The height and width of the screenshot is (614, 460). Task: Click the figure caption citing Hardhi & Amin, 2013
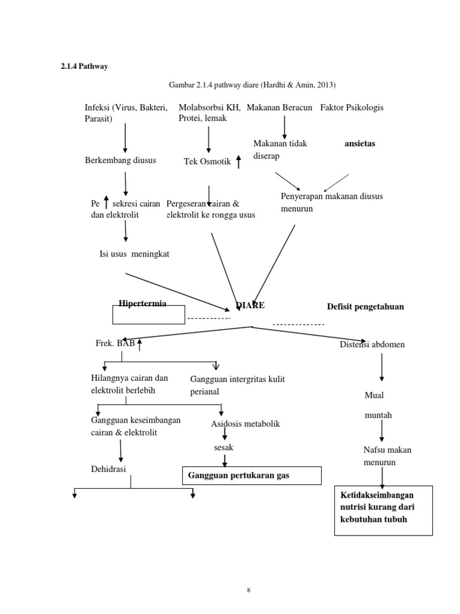coord(252,85)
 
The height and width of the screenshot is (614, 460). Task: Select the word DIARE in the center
coord(250,305)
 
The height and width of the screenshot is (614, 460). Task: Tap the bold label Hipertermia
coord(143,303)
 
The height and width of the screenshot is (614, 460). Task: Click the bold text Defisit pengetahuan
coord(365,306)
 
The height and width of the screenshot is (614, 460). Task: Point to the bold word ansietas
coord(364,145)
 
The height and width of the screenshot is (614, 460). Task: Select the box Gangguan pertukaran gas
coord(252,475)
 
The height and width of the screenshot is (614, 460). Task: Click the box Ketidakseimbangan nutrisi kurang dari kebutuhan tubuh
coord(382,507)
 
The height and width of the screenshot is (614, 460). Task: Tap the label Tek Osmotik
coord(207,161)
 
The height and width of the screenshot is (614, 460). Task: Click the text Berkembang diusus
coord(120,160)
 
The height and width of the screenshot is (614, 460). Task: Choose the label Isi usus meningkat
coord(134,254)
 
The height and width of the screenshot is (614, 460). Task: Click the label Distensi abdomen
coord(372,344)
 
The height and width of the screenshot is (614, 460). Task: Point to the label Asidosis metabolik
coord(246,424)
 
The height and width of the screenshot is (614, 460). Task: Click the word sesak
coord(223,447)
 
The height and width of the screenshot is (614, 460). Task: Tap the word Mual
coord(374,395)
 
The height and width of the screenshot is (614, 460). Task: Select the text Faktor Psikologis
coord(352,107)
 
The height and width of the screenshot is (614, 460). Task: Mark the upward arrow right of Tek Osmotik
coord(238,161)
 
